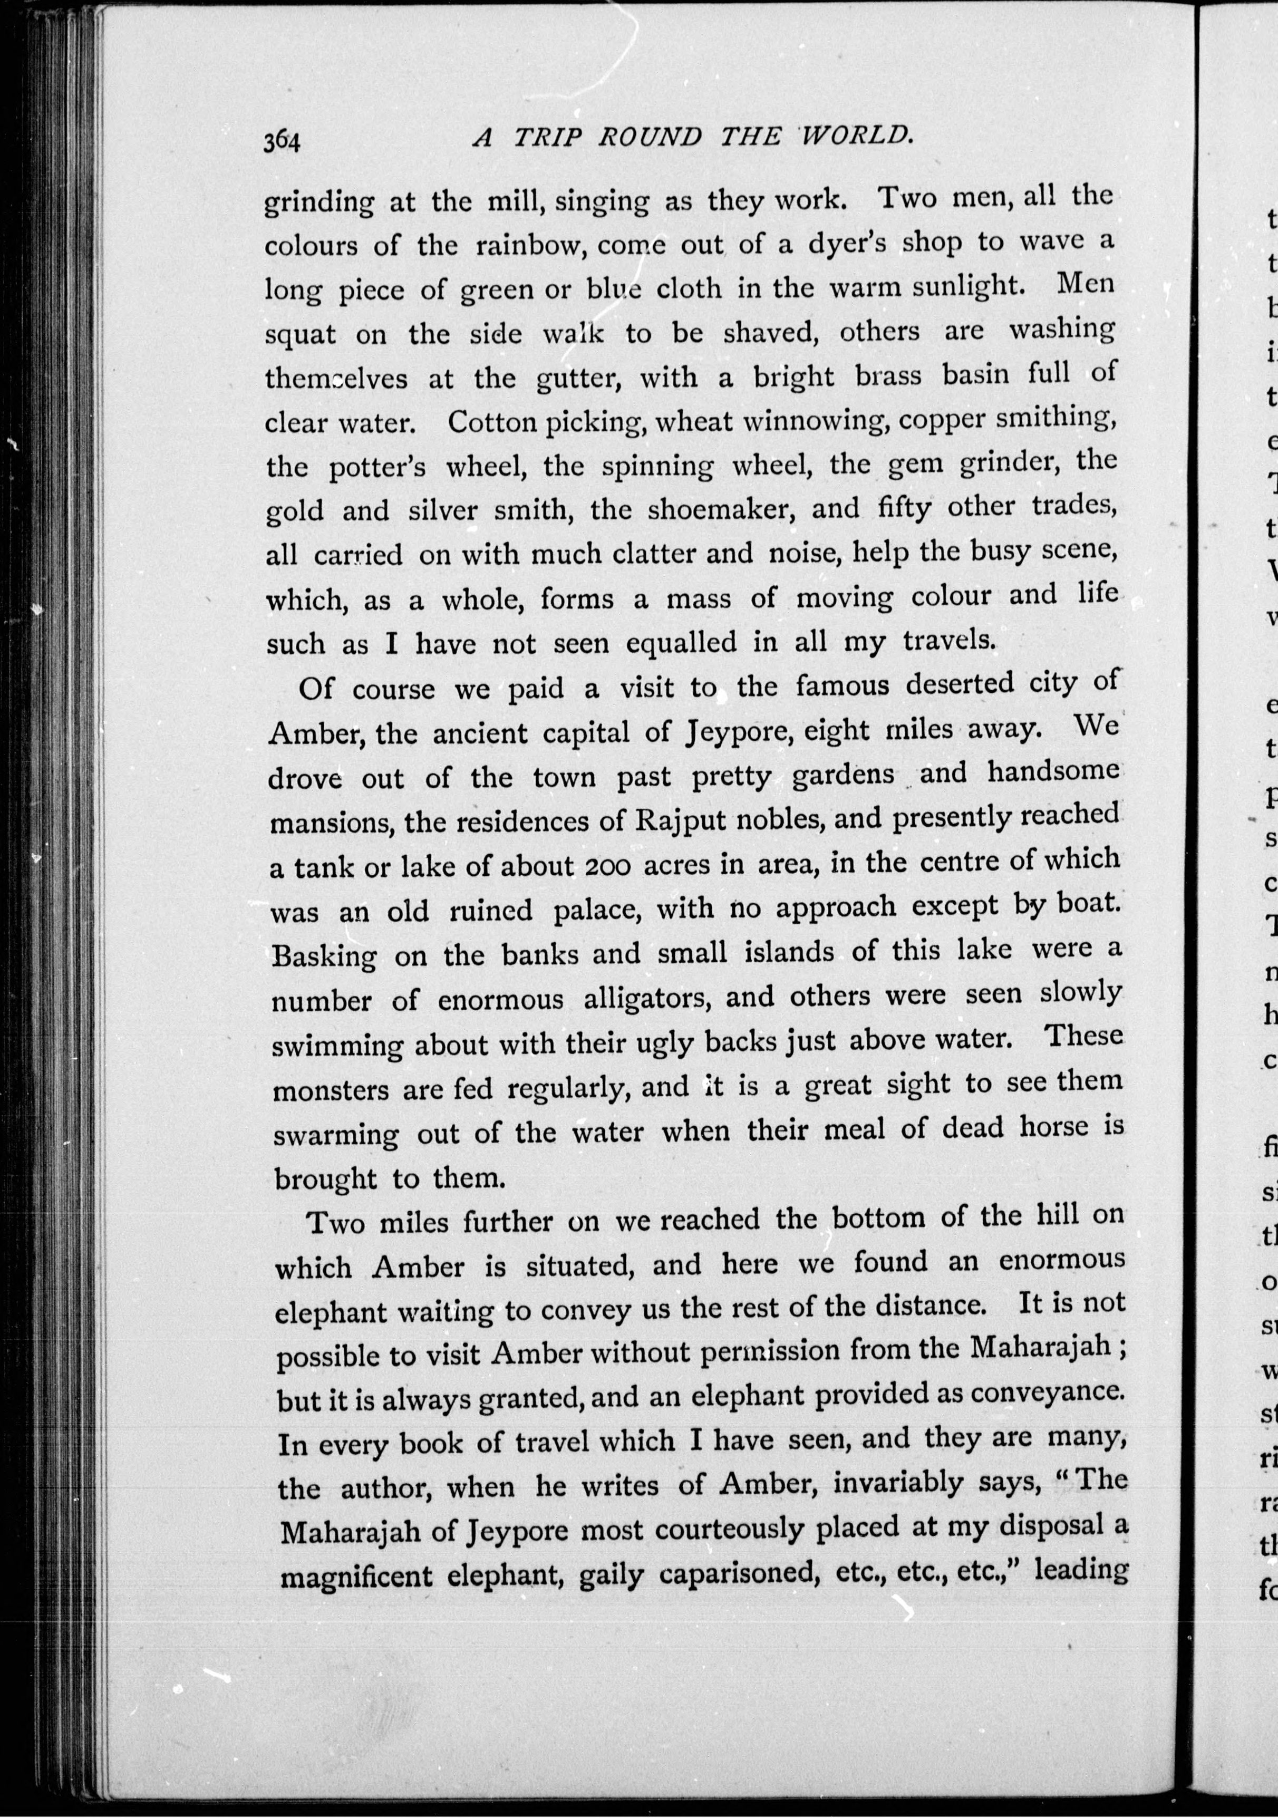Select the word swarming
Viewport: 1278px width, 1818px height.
point(336,1134)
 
